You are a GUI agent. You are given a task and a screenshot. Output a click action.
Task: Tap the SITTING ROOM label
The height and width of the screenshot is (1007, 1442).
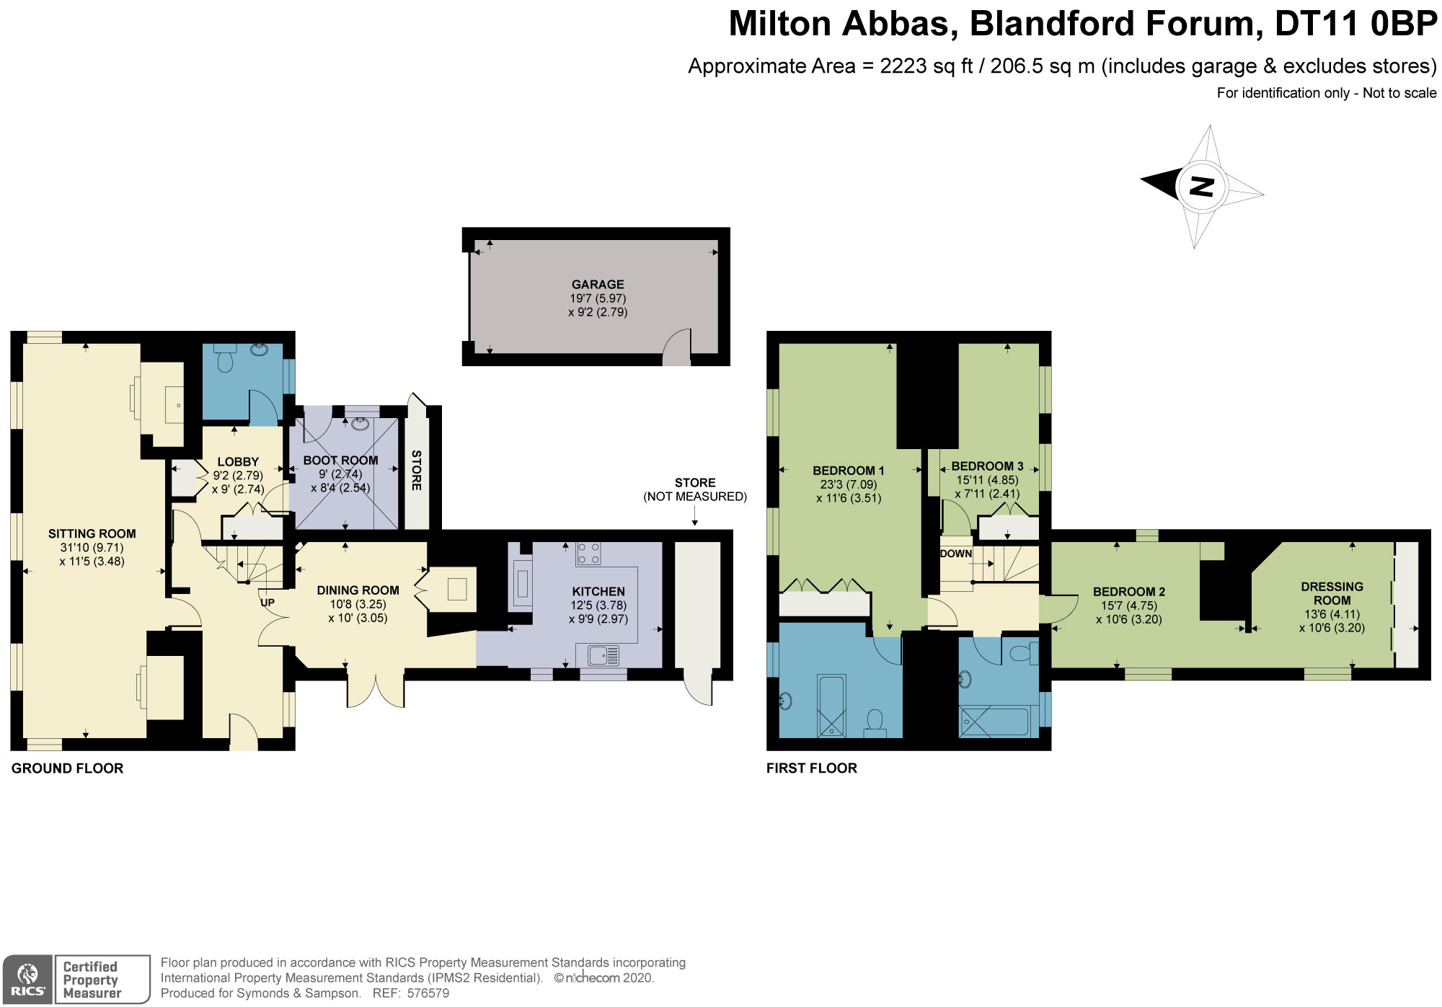pyautogui.click(x=92, y=533)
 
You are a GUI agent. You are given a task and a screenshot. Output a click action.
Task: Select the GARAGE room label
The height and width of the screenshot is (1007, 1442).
pyautogui.click(x=597, y=284)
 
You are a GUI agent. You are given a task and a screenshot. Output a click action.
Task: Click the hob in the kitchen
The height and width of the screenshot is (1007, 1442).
pyautogui.click(x=588, y=554)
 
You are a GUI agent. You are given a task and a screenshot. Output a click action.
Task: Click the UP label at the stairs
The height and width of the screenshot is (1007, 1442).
pyautogui.click(x=267, y=603)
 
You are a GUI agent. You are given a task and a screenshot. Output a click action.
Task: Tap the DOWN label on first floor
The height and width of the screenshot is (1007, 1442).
pyautogui.click(x=955, y=554)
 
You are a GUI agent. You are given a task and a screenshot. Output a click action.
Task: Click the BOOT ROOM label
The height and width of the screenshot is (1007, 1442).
pyautogui.click(x=340, y=460)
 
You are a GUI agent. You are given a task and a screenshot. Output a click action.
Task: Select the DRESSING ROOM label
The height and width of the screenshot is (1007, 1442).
pyautogui.click(x=1332, y=593)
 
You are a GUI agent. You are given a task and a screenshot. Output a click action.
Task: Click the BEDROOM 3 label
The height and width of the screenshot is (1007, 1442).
pyautogui.click(x=987, y=466)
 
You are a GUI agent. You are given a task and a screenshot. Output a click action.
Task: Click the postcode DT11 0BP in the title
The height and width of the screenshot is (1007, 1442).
pyautogui.click(x=1355, y=24)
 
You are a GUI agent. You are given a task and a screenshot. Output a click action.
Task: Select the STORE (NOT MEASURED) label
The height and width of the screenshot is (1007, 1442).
pyautogui.click(x=694, y=489)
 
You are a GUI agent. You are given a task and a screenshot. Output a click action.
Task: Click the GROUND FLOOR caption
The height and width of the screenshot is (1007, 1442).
pyautogui.click(x=67, y=768)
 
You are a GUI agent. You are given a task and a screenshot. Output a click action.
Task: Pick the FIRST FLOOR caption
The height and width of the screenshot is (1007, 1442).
pyautogui.click(x=811, y=768)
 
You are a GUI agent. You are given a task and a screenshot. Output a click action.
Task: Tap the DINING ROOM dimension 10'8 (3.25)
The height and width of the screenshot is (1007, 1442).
pyautogui.click(x=358, y=604)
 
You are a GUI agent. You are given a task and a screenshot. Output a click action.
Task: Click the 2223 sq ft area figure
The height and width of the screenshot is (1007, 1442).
pyautogui.click(x=926, y=66)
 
